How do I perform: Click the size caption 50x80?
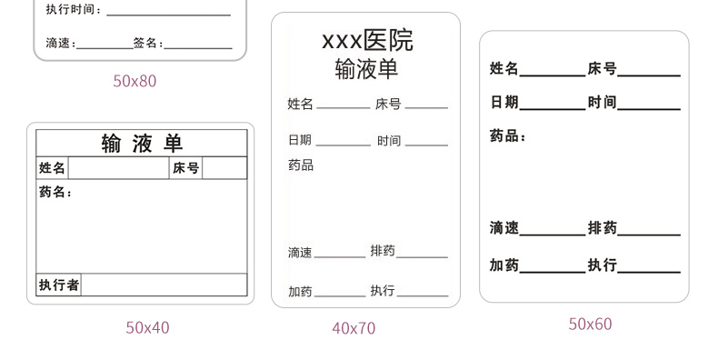(x=135, y=81)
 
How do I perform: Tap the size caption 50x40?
(x=147, y=327)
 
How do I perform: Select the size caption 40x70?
(x=354, y=328)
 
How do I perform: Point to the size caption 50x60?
(x=591, y=324)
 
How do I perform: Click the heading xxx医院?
(x=367, y=41)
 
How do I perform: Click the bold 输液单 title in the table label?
(x=142, y=144)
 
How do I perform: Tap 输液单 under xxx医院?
(x=366, y=70)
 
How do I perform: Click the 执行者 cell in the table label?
(x=59, y=285)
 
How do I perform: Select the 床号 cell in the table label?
(x=185, y=168)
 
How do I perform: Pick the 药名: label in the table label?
(x=55, y=193)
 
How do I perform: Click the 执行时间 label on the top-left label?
(x=74, y=10)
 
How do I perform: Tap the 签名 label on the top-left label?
(x=147, y=43)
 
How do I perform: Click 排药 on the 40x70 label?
(x=382, y=251)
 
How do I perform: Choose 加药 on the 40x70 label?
(x=300, y=292)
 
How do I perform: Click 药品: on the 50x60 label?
(x=508, y=136)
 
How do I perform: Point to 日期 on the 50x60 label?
(x=504, y=103)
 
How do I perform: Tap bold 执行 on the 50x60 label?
(x=602, y=265)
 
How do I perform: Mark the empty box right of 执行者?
(x=164, y=285)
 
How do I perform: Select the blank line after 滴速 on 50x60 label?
(x=552, y=235)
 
